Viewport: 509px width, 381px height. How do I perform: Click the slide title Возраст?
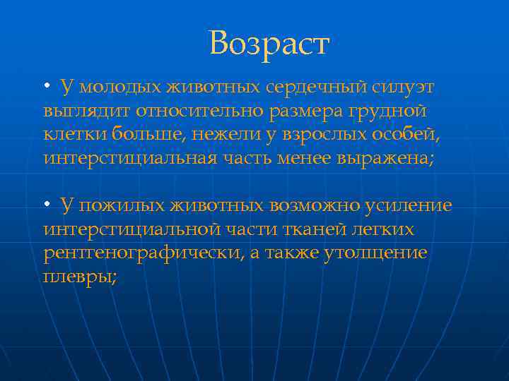[269, 44]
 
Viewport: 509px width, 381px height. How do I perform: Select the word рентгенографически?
[143, 253]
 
